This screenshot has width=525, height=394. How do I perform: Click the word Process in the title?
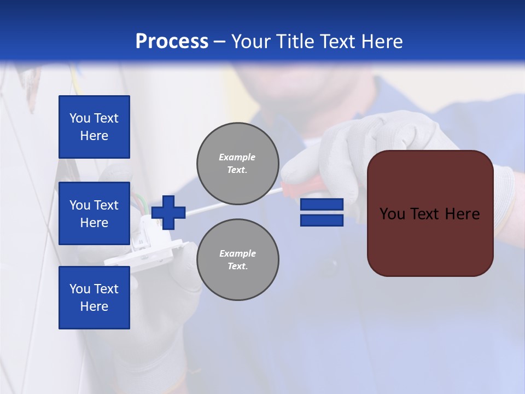(172, 41)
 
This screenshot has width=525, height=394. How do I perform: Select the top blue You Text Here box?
(94, 127)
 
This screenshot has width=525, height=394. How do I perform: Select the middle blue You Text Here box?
(94, 213)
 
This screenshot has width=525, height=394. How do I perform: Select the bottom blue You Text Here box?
(94, 297)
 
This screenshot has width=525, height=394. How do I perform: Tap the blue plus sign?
(168, 212)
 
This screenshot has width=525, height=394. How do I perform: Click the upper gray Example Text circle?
(237, 164)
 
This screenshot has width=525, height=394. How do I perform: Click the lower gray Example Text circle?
(237, 259)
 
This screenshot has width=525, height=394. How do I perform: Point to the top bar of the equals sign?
(322, 205)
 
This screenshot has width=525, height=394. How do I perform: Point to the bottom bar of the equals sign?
(322, 220)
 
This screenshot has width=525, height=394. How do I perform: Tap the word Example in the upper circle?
(237, 157)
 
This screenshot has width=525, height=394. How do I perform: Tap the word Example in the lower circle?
(237, 253)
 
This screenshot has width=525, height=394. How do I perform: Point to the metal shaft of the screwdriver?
(241, 202)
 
